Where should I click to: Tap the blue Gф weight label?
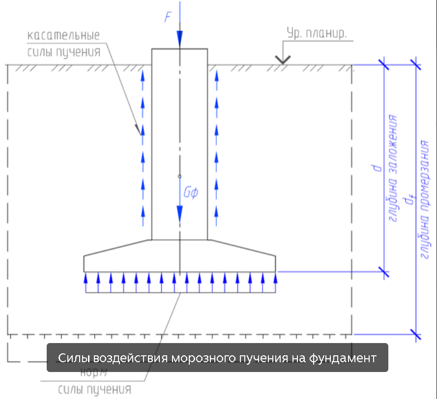coord(190,193)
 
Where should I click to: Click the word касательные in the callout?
coord(63,36)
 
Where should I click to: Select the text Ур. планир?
coord(317,34)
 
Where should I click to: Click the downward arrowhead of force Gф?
coord(179,212)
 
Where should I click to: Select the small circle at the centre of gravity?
coord(179,176)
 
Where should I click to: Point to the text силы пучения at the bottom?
coord(95,390)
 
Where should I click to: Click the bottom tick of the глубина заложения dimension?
coord(383,271)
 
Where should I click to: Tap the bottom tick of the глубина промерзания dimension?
coord(416,335)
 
